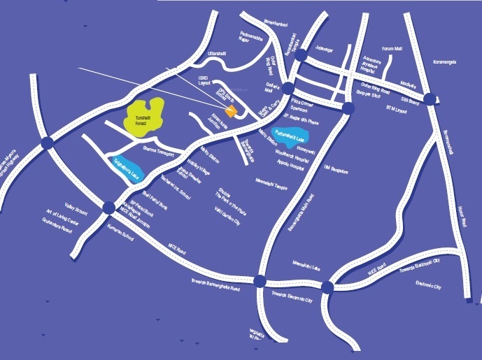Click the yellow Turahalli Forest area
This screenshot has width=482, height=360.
pos(144,115)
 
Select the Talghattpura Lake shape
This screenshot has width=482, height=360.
pos(129,166)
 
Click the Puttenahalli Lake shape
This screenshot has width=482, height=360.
pos(292,134)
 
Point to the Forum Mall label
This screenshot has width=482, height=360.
pos(392,49)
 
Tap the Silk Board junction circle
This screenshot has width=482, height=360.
pos(429,99)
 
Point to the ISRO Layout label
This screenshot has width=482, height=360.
pos(204,80)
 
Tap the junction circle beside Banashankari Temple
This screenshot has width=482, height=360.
pos(300,55)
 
